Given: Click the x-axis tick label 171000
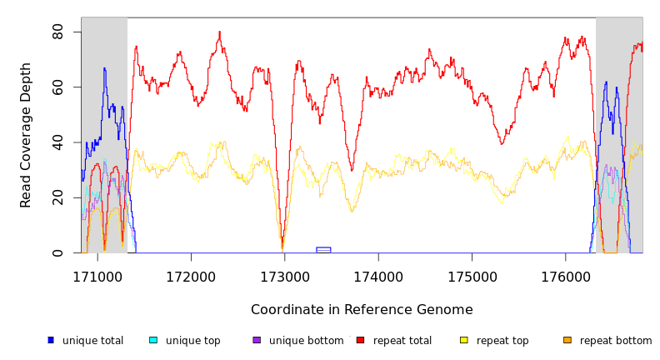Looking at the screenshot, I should point(97,277).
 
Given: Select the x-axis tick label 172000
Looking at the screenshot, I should point(191,277).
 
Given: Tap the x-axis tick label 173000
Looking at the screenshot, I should point(285,277).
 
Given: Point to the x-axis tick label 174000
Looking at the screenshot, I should point(378,277).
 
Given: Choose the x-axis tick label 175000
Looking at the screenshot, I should point(472,277).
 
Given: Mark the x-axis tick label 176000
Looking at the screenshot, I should point(566,277).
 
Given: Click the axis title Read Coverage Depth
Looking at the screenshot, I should point(27,135).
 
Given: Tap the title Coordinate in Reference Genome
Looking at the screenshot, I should point(362,310).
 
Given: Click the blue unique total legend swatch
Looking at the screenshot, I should point(51,340).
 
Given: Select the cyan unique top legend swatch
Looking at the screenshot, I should point(153,340).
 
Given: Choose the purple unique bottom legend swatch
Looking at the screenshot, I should point(257,340).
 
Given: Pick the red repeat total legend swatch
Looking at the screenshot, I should point(360,340).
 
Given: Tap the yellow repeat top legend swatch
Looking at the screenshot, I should point(463,340).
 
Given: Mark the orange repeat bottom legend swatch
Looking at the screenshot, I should point(567,340).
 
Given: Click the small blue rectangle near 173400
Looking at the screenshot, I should point(323,249).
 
